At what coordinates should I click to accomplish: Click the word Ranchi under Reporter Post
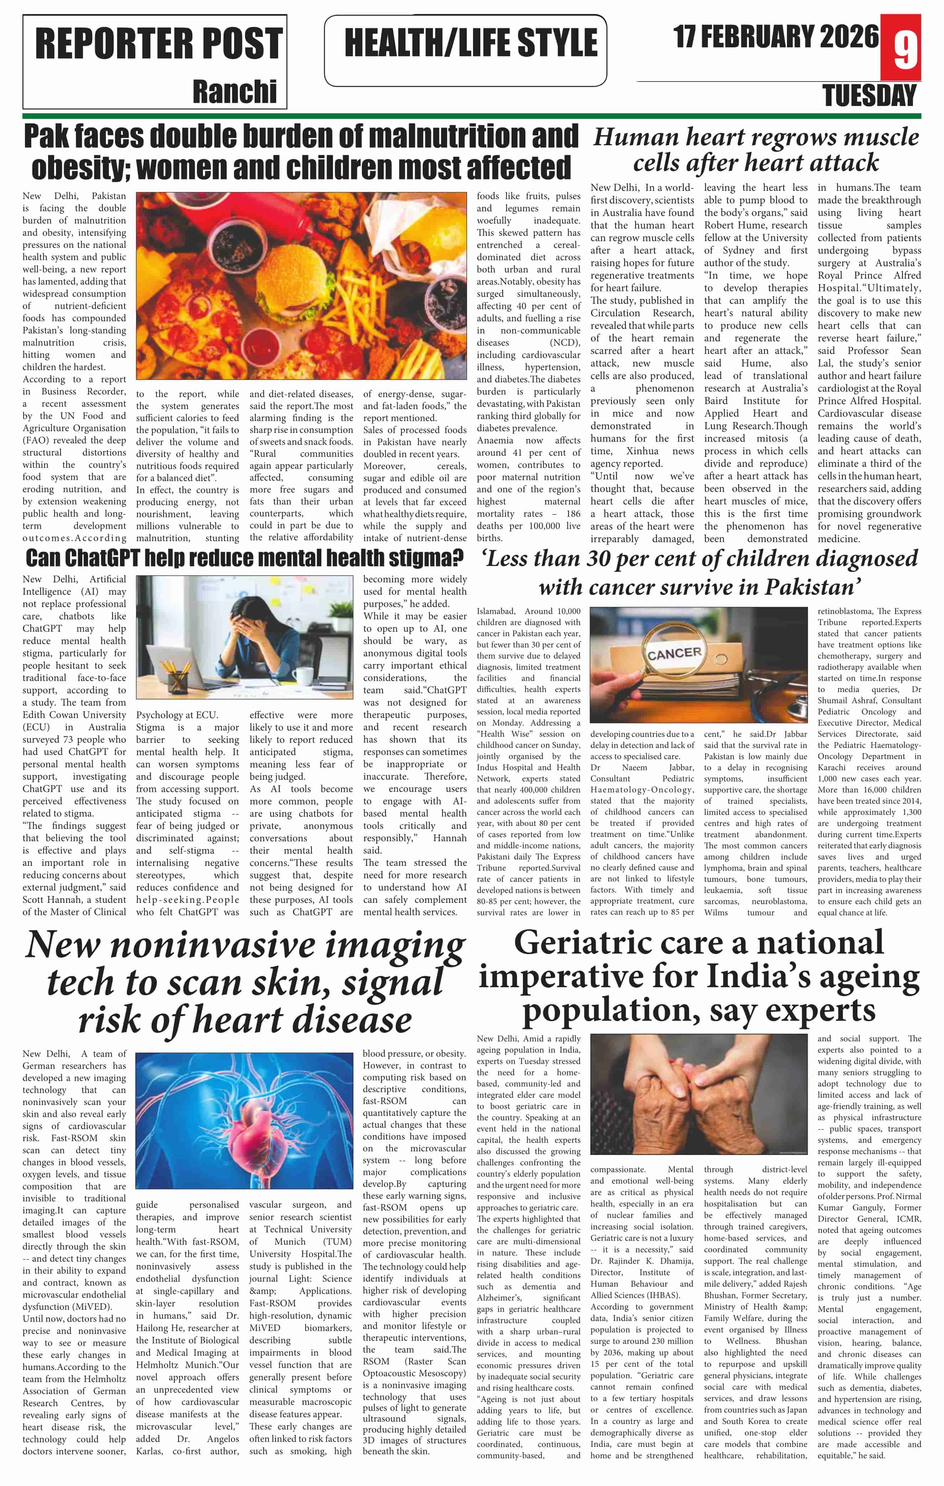coord(235,91)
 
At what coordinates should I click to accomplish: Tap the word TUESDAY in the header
coord(869,96)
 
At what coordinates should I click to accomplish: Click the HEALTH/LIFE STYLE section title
coord(471,43)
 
